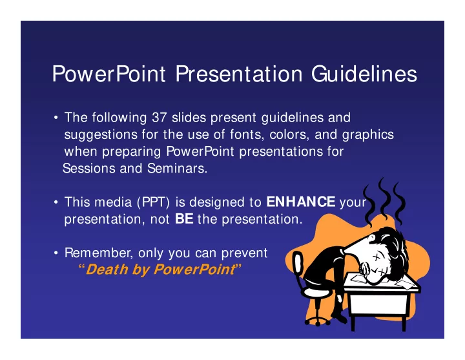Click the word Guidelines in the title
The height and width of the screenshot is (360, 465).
click(364, 74)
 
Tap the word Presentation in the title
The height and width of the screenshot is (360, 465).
click(239, 74)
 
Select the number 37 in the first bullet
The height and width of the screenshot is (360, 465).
click(160, 118)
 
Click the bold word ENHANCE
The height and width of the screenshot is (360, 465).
click(301, 202)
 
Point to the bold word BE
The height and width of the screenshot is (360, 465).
click(184, 219)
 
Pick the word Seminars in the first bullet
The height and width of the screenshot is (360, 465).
click(178, 169)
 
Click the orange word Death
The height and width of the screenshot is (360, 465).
click(107, 270)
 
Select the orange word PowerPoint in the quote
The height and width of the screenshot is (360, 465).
click(194, 270)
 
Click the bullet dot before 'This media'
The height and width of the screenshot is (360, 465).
click(56, 202)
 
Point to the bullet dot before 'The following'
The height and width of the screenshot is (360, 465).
click(56, 118)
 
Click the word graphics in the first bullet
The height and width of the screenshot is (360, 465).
click(368, 135)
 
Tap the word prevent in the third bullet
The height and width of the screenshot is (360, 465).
click(244, 253)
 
